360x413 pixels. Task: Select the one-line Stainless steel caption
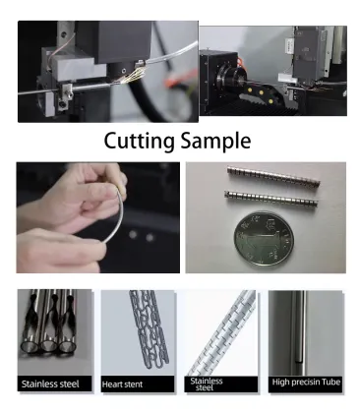(x=52, y=382)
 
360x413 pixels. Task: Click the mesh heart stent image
(x=135, y=329)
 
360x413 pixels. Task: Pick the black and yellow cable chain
(x=258, y=99)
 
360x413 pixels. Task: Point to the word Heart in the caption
(x=121, y=382)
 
